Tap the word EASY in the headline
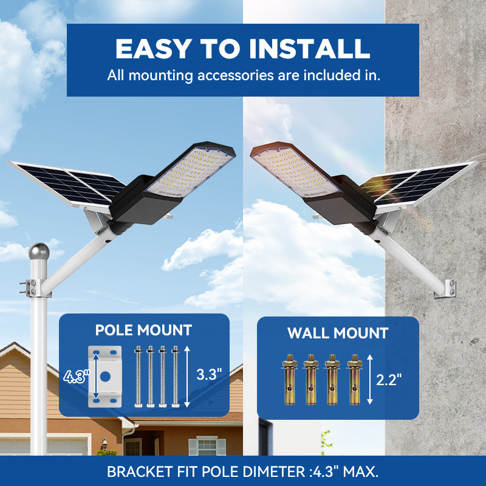pyautogui.click(x=152, y=49)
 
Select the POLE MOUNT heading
pyautogui.click(x=143, y=330)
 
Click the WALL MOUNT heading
pyautogui.click(x=338, y=333)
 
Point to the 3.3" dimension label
pyautogui.click(x=209, y=374)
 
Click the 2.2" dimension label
pyautogui.click(x=389, y=380)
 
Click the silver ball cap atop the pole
pyautogui.click(x=39, y=252)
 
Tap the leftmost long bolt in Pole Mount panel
pyautogui.click(x=139, y=376)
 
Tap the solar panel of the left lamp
pyautogui.click(x=67, y=182)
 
